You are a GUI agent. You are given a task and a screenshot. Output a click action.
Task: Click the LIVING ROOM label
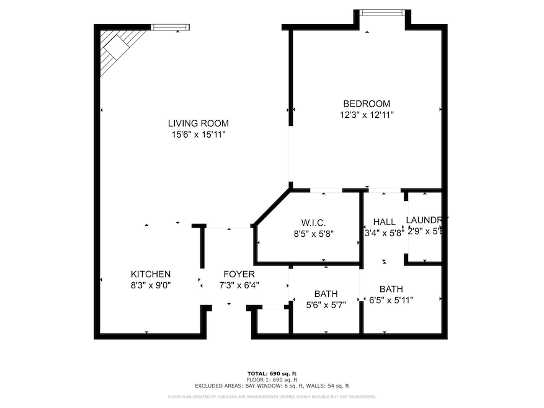(x=198, y=123)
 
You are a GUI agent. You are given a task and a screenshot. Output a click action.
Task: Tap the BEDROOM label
(x=367, y=104)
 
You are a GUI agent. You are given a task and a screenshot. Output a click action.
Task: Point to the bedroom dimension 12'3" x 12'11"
(x=367, y=115)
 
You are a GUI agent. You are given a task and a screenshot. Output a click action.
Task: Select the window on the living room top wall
(x=170, y=27)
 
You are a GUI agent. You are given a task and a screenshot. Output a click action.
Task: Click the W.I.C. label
(x=309, y=223)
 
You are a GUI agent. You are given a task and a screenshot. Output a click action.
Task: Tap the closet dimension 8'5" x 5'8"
(x=309, y=234)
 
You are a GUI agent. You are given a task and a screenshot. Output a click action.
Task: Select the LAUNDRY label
(x=426, y=220)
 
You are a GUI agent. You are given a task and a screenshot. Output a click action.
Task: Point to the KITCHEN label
(x=151, y=274)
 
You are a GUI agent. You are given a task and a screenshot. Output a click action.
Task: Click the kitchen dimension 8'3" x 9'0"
(x=151, y=285)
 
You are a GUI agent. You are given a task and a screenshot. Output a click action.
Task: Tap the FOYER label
(x=239, y=274)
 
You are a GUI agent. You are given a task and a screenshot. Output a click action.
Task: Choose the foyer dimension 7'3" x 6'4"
(x=239, y=285)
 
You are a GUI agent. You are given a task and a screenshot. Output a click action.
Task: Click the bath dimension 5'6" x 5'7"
(x=326, y=304)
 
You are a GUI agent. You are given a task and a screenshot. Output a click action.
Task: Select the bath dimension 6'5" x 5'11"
(x=391, y=300)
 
